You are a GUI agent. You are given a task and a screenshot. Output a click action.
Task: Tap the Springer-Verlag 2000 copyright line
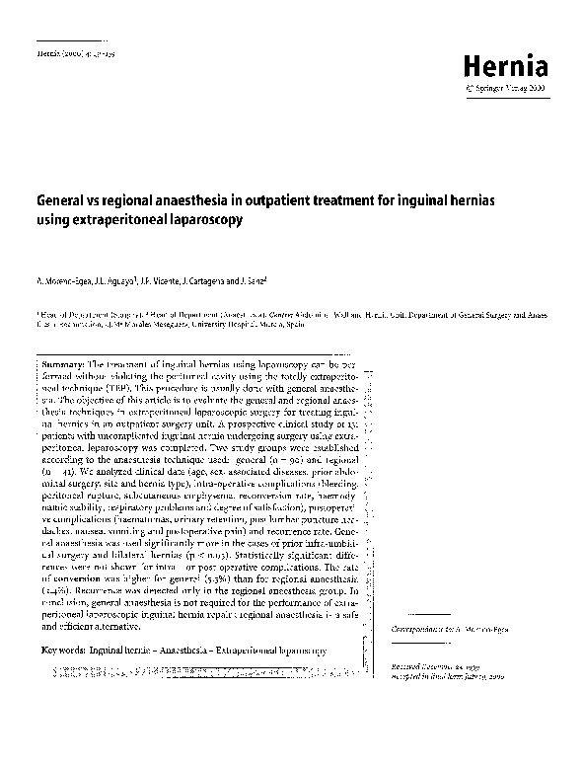[511, 89]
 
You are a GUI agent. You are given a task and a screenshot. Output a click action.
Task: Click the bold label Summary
[65, 364]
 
